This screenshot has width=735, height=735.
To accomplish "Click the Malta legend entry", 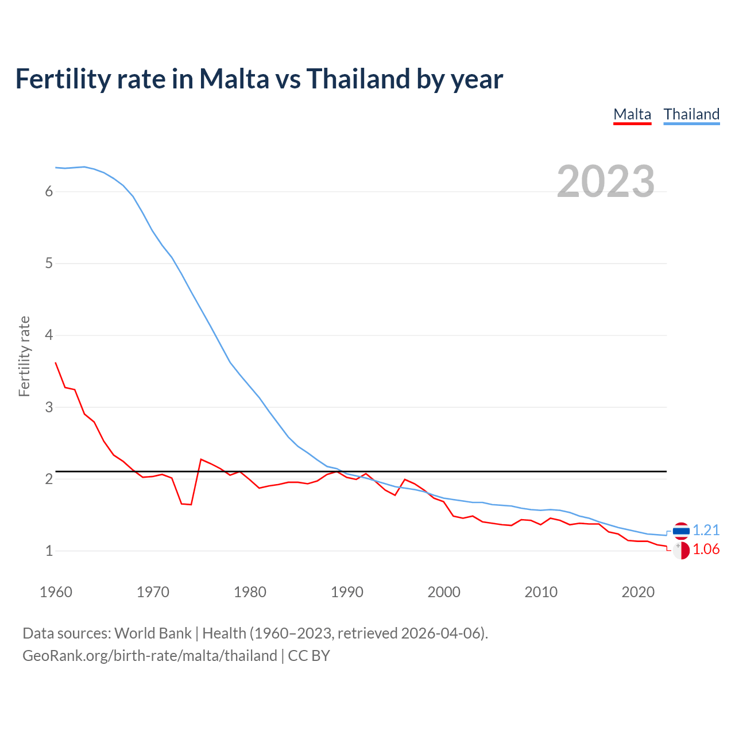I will pos(632,114).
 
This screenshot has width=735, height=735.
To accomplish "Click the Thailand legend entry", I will pos(691,114).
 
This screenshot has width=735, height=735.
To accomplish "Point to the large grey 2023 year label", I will pos(605,181).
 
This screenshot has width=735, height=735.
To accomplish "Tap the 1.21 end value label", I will pos(706,530).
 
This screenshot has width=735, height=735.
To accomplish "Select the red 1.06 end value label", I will pos(706,550).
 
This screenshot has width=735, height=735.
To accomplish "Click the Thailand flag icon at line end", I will pos(681,531).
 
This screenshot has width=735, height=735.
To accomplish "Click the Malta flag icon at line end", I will pos(681,550).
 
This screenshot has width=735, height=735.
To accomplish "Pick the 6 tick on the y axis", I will pos(49,191).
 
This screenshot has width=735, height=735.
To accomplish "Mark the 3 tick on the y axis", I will pos(49,407).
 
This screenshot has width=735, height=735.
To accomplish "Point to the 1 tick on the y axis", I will pos(49,551).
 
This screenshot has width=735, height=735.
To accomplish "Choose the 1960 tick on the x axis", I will pos(56,592).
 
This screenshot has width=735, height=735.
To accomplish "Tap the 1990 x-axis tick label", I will pos(347,592).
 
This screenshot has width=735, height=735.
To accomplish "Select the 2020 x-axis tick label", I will pos(638,592).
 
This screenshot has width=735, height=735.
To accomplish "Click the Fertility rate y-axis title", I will pos(24,356).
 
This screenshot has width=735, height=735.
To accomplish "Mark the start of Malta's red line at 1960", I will pos(56,363).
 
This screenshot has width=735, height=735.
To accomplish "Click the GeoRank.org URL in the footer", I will pos(149,656).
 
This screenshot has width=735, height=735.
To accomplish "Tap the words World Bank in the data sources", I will pos(153,633).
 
